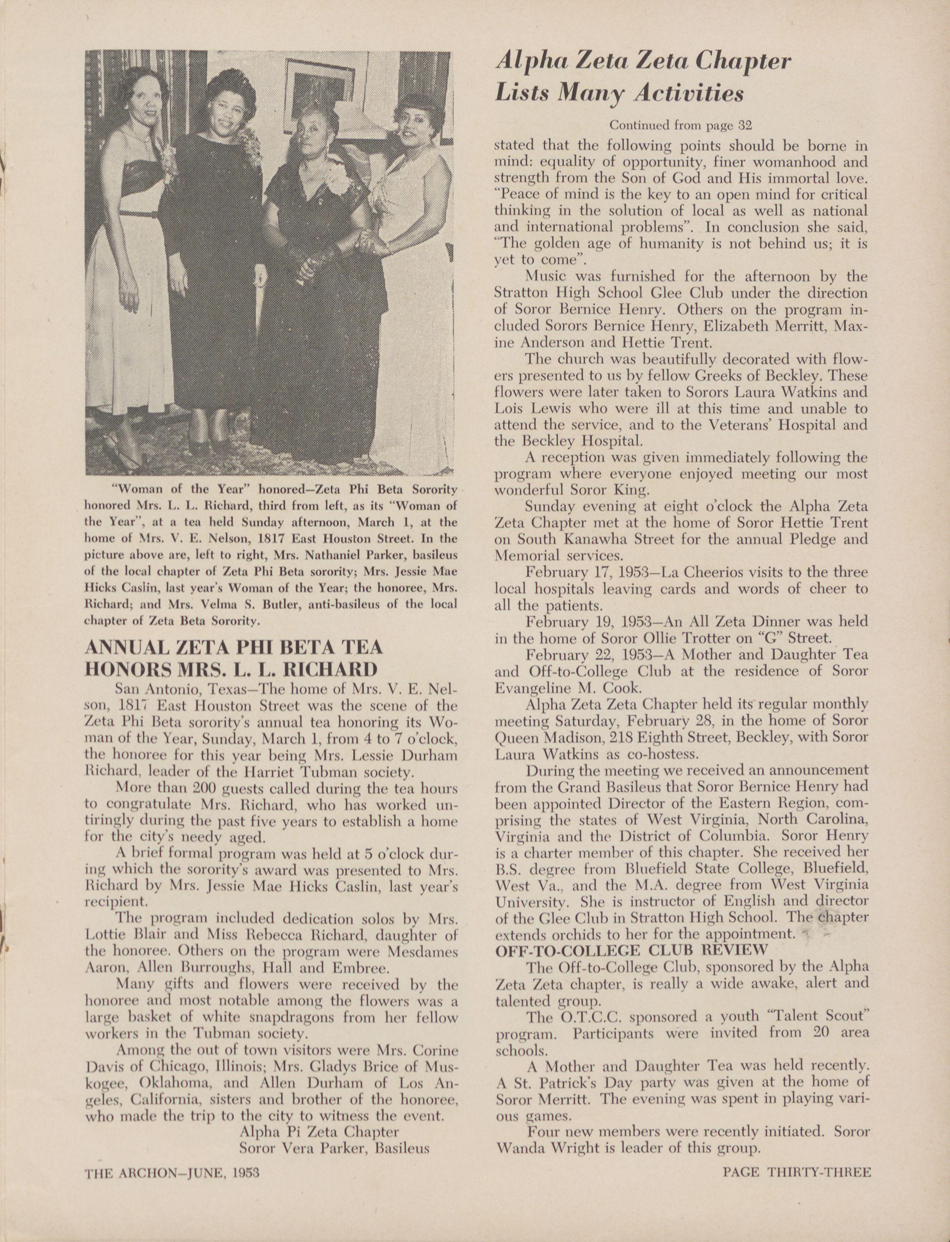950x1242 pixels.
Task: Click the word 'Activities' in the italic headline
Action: point(688,93)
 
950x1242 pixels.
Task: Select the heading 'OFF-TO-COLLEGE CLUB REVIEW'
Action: point(631,950)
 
